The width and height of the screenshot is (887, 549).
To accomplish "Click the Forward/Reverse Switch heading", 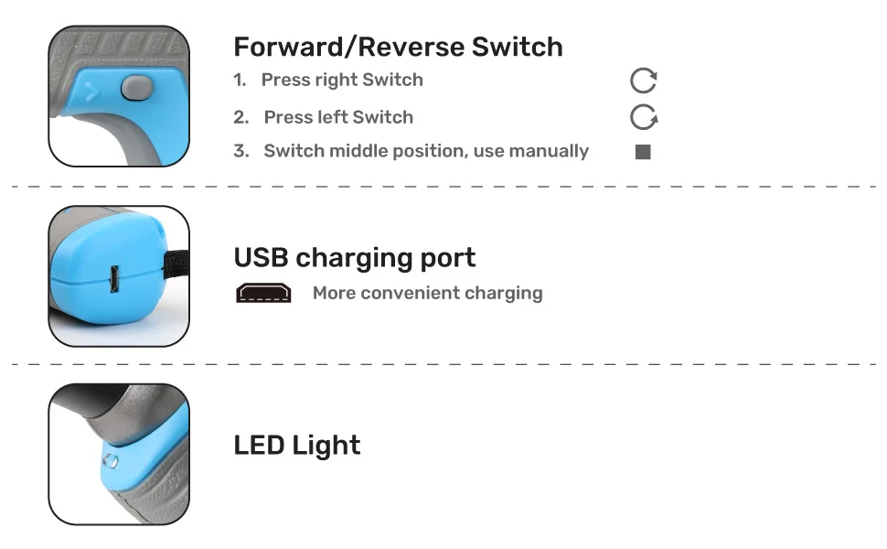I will pos(398,47).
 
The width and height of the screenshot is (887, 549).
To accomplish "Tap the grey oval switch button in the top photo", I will pos(135,88).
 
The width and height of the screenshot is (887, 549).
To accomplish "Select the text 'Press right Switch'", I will pos(342,80).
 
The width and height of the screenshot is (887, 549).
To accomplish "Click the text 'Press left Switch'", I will pos(338,117).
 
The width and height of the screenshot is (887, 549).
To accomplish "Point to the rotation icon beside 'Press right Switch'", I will pos(644,81).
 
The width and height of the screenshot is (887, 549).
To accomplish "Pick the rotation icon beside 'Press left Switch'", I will pos(644,117).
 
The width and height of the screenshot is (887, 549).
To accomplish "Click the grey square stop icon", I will pos(643,152).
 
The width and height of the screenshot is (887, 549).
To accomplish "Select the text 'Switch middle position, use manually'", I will pos(426,151).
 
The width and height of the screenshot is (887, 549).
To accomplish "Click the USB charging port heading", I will pos(355,257).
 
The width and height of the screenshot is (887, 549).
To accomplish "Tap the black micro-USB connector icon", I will pos(263,294).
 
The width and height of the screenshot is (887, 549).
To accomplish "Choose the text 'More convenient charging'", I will pos(427,293).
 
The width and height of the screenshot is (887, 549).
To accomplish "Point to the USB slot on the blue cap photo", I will pos(114,278).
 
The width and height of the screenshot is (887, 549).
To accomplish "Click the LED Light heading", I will pos(297,446).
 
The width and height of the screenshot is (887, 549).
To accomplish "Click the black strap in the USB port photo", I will pos(174,266).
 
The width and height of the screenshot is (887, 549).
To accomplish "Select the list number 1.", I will pos(240,80).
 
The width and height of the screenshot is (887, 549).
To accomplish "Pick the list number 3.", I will pos(240,151).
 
